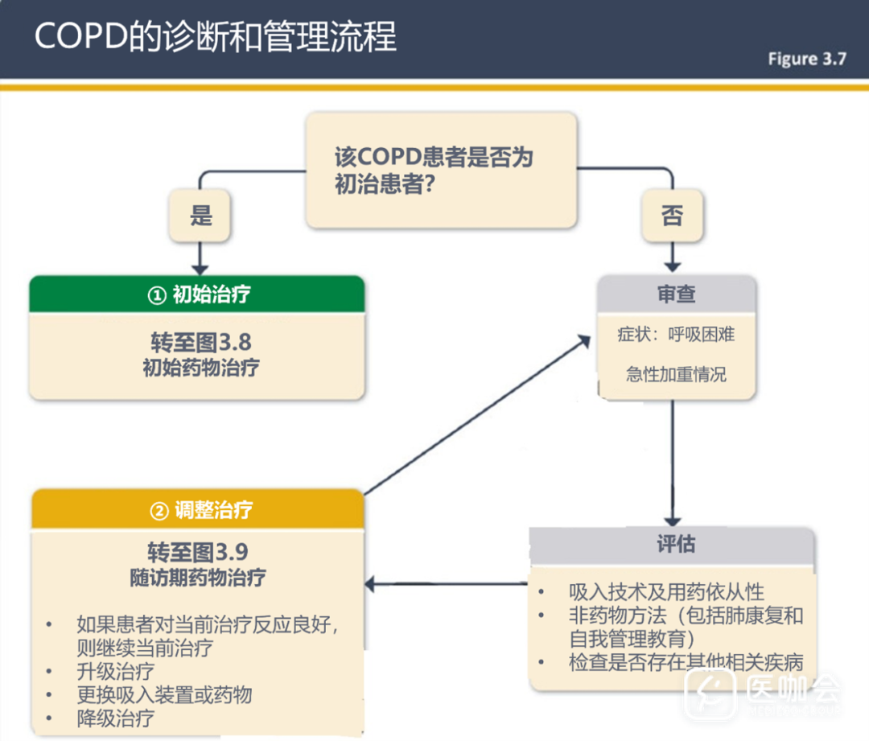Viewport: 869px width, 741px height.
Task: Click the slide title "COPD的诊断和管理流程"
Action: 216,38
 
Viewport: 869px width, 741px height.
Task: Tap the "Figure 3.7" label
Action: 806,59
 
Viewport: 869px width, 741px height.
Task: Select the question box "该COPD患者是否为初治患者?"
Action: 441,170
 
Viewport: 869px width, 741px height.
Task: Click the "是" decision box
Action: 200,216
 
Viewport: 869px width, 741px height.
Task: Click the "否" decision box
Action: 672,216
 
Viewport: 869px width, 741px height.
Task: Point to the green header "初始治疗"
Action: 197,294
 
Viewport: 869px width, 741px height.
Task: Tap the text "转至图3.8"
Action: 200,343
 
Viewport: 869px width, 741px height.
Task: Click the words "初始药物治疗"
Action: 200,368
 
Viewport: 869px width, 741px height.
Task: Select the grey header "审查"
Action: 676,294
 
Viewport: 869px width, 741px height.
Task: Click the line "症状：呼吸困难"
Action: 676,335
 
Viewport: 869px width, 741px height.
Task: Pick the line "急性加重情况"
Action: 676,375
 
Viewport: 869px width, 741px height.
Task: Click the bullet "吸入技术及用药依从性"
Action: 666,592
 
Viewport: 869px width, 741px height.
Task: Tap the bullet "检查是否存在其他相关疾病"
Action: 686,663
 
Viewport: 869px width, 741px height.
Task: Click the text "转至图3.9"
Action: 197,553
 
